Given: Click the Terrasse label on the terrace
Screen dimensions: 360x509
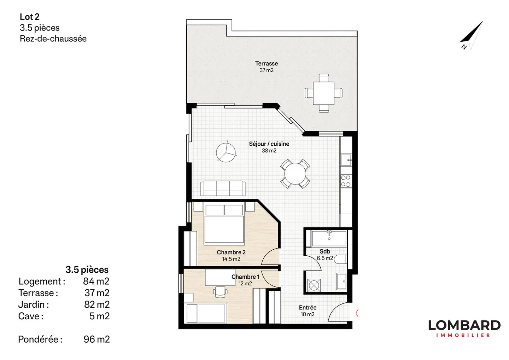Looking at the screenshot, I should pyautogui.click(x=267, y=64).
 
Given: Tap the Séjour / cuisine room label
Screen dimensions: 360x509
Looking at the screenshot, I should pyautogui.click(x=269, y=144).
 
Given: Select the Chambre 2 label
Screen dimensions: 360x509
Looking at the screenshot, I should pyautogui.click(x=231, y=252).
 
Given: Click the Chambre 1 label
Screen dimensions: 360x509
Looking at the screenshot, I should pyautogui.click(x=245, y=277).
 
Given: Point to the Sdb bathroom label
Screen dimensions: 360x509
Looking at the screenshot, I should pyautogui.click(x=325, y=251).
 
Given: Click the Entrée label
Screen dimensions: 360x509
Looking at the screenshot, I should pyautogui.click(x=308, y=308).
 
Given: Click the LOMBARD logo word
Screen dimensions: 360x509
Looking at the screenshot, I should pyautogui.click(x=464, y=325).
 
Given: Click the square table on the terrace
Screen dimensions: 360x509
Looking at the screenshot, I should pyautogui.click(x=324, y=93).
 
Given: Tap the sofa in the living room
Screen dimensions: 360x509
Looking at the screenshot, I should pyautogui.click(x=223, y=188).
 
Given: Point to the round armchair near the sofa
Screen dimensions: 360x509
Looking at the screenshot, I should pyautogui.click(x=226, y=152).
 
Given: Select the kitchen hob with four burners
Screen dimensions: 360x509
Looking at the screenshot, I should pyautogui.click(x=345, y=181).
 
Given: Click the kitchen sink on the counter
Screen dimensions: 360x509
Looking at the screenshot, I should pyautogui.click(x=346, y=160).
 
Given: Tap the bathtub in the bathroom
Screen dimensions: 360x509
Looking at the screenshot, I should pyautogui.click(x=329, y=238).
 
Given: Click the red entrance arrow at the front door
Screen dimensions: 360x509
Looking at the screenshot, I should pyautogui.click(x=357, y=313).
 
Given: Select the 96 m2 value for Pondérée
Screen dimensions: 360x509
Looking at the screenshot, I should pyautogui.click(x=96, y=339).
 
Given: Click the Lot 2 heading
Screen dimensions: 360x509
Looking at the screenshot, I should pyautogui.click(x=30, y=17).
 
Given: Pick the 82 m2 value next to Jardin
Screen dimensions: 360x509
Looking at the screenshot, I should pyautogui.click(x=96, y=304).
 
